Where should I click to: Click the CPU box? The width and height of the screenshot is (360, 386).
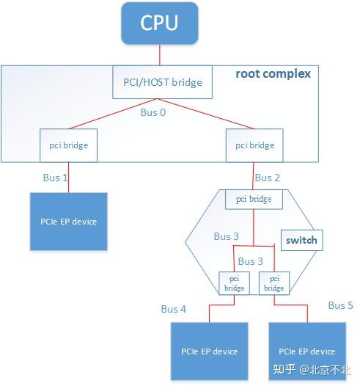(160, 23)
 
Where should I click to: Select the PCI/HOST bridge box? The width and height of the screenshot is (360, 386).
(161, 83)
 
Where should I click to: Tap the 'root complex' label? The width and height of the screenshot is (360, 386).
(273, 73)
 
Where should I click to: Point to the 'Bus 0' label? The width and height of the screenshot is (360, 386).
(154, 114)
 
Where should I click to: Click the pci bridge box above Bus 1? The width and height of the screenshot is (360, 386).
(64, 145)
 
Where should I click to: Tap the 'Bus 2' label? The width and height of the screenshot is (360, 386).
(267, 178)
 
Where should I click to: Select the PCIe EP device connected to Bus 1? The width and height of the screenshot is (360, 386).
(68, 222)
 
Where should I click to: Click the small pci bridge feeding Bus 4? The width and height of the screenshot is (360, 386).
(235, 283)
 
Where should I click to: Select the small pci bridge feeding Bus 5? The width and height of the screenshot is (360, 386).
(273, 283)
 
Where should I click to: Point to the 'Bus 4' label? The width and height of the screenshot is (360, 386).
(173, 309)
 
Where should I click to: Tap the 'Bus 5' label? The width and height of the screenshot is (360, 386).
(341, 305)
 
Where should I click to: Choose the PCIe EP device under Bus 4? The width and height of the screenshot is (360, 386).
(210, 351)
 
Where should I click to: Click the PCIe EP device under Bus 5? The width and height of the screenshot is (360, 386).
(306, 351)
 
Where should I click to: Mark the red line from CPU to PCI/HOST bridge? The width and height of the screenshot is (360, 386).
(161, 55)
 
